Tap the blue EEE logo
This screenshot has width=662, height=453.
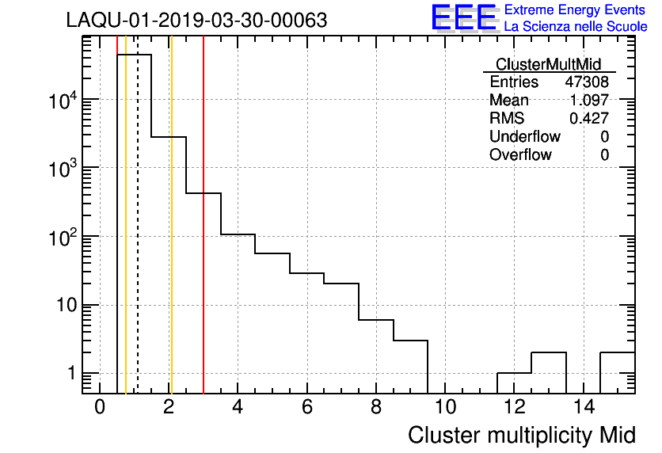point(464,17)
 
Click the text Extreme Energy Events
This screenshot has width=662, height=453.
point(575,10)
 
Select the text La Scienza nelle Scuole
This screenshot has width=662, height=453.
point(575,26)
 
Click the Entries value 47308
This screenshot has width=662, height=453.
point(587,82)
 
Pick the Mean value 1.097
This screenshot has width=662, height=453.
point(589,101)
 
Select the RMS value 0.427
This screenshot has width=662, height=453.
point(589,119)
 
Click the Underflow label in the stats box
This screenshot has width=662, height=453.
point(524,137)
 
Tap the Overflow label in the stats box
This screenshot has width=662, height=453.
point(520,155)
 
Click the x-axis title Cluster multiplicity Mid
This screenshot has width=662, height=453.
point(522,435)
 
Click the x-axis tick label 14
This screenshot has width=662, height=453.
point(583,407)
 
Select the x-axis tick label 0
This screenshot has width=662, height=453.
point(100,407)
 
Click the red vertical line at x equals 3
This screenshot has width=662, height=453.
point(204,238)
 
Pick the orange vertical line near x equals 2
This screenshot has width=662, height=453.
point(171,238)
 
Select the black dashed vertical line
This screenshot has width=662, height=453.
point(138,238)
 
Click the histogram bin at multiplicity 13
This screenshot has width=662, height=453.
point(548,371)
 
